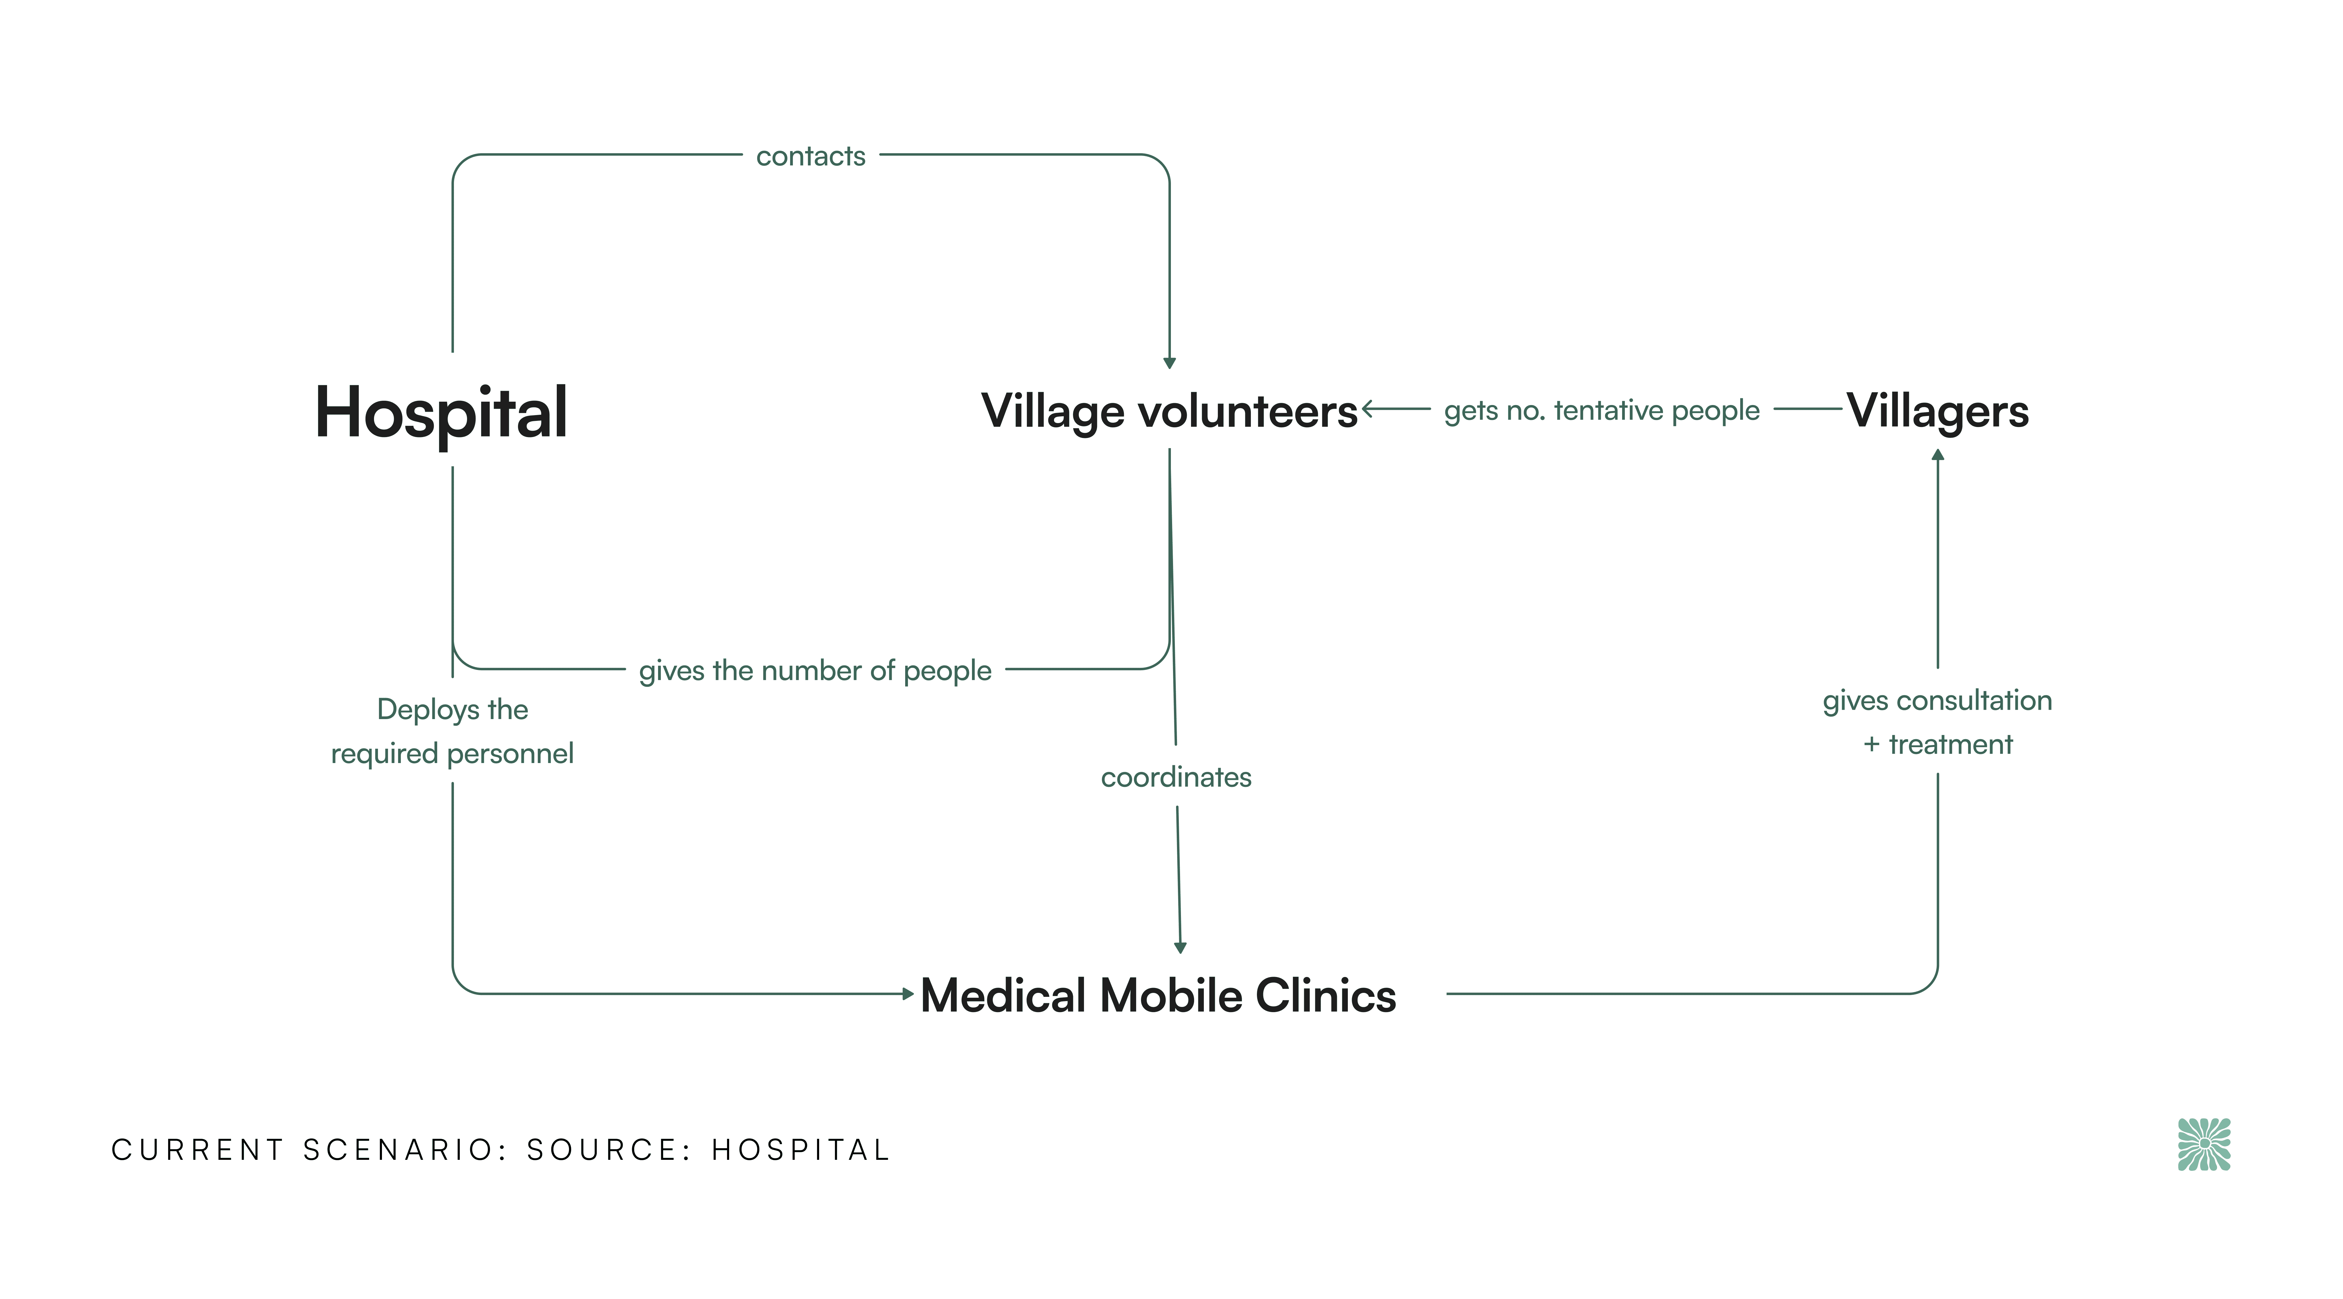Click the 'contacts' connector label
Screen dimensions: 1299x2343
(x=810, y=157)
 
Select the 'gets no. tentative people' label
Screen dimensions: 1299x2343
(x=1602, y=410)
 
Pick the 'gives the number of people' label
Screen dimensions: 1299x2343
(x=815, y=671)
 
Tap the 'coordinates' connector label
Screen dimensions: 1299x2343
(x=1176, y=777)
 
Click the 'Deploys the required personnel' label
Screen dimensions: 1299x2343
(x=452, y=731)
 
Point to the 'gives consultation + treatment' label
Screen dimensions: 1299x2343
(x=1937, y=722)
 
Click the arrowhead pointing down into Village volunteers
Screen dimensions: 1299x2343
(x=1170, y=363)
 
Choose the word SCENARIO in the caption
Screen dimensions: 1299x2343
(x=406, y=1150)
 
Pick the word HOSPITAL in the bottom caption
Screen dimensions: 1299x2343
(x=801, y=1150)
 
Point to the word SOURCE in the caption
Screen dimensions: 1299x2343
(x=602, y=1150)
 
